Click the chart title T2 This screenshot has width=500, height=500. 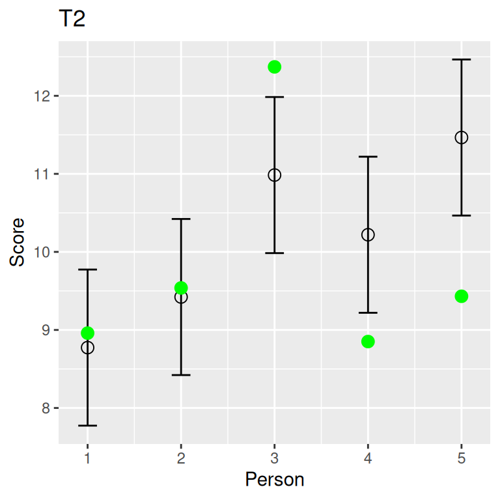click(72, 20)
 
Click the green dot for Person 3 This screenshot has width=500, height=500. click(274, 67)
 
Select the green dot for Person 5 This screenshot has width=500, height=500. click(462, 296)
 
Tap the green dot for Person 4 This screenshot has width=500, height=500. click(368, 342)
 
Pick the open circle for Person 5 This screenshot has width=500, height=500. click(462, 137)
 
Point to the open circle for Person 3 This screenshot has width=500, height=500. click(274, 175)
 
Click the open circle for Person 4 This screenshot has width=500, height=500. click(368, 234)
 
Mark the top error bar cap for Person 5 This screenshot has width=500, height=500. click(462, 60)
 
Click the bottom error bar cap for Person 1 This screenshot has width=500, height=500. click(87, 425)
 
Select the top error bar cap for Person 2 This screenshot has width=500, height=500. click(181, 219)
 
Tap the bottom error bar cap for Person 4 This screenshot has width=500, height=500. click(368, 312)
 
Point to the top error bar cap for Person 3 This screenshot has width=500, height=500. click(274, 97)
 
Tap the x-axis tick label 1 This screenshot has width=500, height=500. click(87, 458)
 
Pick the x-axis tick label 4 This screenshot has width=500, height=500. click(368, 458)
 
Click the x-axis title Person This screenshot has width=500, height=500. click(274, 480)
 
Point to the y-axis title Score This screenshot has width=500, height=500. click(18, 242)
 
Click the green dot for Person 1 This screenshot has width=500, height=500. click(87, 333)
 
